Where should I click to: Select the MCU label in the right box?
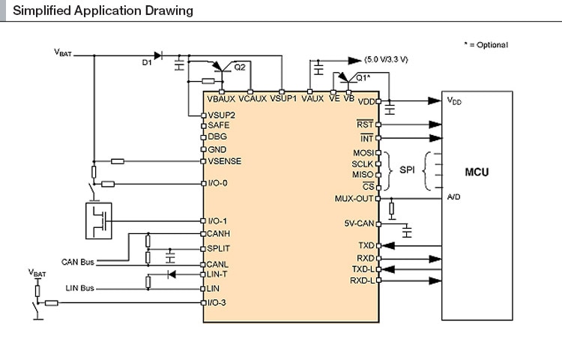[477, 172]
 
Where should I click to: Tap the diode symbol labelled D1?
[157, 55]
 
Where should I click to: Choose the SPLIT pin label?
[219, 248]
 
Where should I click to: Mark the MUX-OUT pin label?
[354, 199]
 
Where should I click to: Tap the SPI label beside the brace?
[407, 170]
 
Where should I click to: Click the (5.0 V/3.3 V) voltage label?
[392, 58]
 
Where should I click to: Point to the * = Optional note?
[486, 45]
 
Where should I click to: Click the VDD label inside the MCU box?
[454, 100]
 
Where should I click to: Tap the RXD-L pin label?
[362, 280]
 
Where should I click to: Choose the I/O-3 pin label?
[218, 302]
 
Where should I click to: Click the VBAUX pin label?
[221, 97]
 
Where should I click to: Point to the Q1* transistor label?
[363, 77]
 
